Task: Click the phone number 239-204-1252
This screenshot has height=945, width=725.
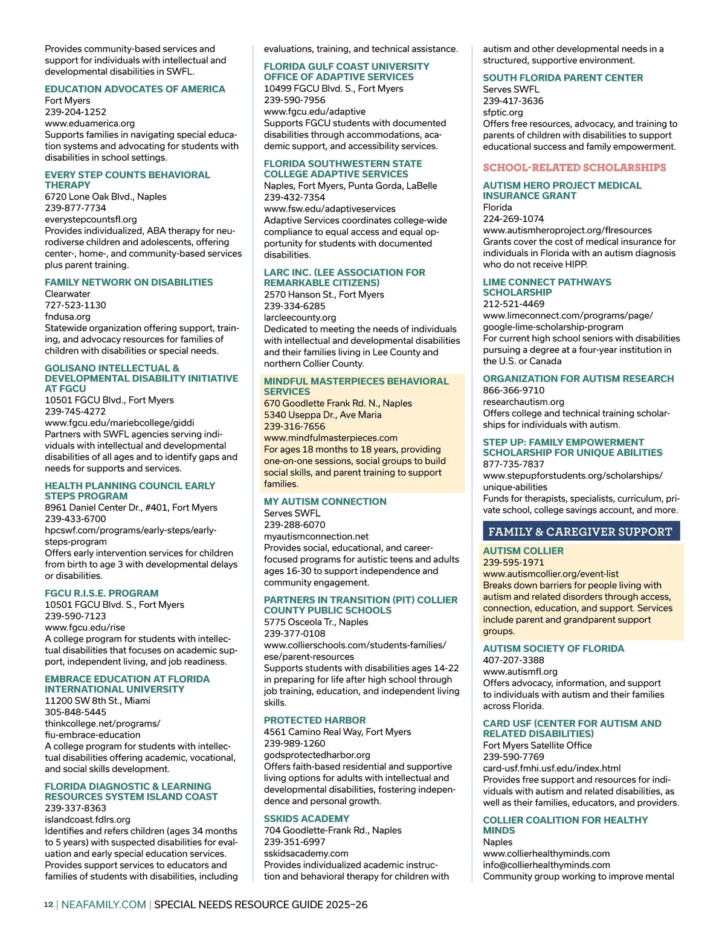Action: click(x=76, y=112)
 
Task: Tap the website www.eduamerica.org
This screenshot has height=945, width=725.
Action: click(x=89, y=123)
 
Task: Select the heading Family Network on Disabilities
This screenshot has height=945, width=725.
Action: click(x=129, y=282)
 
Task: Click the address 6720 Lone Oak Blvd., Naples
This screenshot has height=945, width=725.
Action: click(x=106, y=196)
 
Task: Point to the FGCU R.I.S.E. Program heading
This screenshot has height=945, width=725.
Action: click(x=101, y=593)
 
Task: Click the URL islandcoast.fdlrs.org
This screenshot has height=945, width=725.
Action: click(x=88, y=819)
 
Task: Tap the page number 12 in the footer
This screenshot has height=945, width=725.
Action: click(x=48, y=905)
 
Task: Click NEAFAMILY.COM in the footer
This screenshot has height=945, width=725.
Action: click(x=104, y=905)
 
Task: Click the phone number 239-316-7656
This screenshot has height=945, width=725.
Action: click(x=294, y=426)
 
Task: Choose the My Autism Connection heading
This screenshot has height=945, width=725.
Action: click(x=325, y=502)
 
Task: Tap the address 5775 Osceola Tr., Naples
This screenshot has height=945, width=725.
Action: click(x=316, y=622)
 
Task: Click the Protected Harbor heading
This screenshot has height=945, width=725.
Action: click(x=315, y=720)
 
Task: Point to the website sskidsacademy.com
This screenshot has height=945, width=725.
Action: click(x=306, y=853)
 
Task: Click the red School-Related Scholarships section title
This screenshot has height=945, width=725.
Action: click(x=574, y=167)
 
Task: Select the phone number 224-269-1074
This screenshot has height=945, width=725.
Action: click(x=513, y=219)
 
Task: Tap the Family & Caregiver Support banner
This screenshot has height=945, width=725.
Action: click(x=581, y=532)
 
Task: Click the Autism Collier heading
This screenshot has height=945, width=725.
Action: click(x=523, y=551)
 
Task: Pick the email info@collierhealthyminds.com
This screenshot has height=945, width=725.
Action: click(x=547, y=865)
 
